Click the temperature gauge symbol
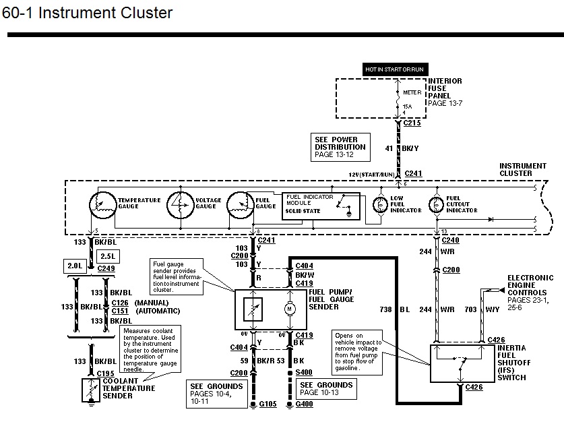coord(103,204)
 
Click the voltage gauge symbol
coord(180,204)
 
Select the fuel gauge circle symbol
coord(241,204)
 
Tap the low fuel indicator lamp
coord(379,203)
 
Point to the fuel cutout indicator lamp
coord(435,203)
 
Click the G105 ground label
coord(268,405)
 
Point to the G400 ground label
coord(305,405)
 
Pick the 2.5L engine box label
coord(108,255)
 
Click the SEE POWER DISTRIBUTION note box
coord(340,147)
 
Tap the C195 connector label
coord(104,373)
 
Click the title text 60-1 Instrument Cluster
coord(88,13)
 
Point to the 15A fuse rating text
coord(407,106)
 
